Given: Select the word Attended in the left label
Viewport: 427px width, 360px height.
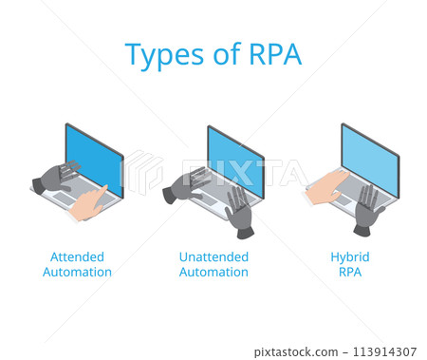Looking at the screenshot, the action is (77, 256).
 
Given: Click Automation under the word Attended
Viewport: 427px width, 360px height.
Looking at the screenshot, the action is (77, 273).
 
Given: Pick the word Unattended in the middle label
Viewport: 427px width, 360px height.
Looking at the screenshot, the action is (213, 256).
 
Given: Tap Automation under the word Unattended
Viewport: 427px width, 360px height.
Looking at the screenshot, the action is (213, 273).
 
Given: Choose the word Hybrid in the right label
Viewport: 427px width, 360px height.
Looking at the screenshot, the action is (350, 256).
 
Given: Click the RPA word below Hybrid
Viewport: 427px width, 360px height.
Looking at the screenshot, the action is (350, 273).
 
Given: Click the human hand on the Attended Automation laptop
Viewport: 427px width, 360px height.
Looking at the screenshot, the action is (93, 201).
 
